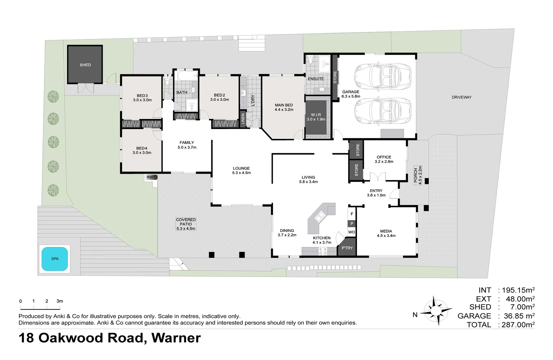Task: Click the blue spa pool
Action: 55,259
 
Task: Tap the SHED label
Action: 85,65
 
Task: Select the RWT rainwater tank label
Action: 151,177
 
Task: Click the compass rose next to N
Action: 436,310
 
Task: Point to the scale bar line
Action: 40,309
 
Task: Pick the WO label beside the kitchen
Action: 352,232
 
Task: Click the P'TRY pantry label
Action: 347,248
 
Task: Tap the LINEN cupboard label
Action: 243,119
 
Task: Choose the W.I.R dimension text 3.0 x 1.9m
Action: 316,119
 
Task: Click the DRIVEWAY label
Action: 461,97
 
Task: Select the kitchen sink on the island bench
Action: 320,217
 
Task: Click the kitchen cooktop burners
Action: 323,251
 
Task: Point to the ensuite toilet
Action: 311,60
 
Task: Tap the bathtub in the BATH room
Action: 188,75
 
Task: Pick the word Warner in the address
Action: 176,338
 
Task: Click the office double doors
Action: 377,176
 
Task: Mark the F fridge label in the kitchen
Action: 352,214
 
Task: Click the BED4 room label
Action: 142,148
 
